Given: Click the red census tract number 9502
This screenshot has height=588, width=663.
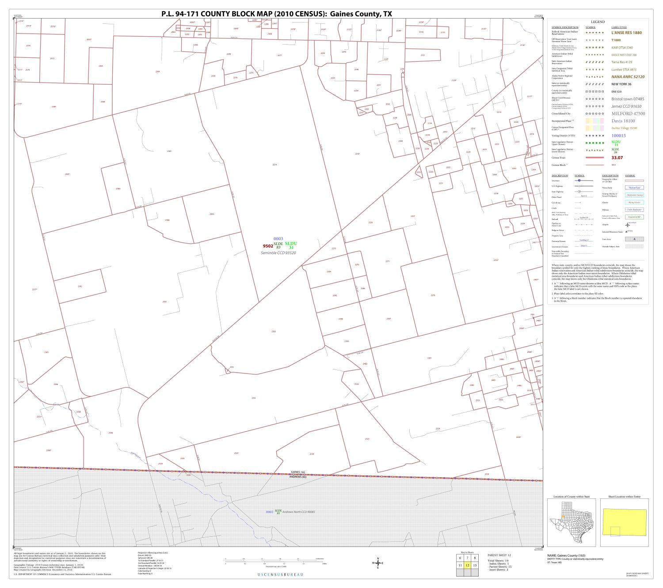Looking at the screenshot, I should (267, 246).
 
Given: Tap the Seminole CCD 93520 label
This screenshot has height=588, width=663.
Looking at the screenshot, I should (278, 253).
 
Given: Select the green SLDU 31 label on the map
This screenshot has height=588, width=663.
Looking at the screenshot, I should (291, 245).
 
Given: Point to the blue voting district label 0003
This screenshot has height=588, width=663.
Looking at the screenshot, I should (278, 239).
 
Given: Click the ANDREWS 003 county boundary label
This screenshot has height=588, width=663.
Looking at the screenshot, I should (298, 477).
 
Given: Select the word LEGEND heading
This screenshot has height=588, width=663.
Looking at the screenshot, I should (598, 22).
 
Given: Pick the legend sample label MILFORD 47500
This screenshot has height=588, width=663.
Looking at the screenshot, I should (628, 113).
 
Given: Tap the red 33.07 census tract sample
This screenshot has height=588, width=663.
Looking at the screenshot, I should (617, 158).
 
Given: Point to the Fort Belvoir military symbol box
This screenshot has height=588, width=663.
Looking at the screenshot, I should (634, 210).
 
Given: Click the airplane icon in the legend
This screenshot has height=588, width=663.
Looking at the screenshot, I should (627, 225).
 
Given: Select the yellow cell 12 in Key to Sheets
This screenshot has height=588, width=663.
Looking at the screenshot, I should (467, 565).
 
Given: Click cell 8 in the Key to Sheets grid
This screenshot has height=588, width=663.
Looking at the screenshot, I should (475, 558).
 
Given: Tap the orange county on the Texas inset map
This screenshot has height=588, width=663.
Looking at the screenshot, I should (562, 517).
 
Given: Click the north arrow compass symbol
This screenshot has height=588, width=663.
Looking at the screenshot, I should (378, 563).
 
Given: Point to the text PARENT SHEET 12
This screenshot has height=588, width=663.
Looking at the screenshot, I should (499, 555).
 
